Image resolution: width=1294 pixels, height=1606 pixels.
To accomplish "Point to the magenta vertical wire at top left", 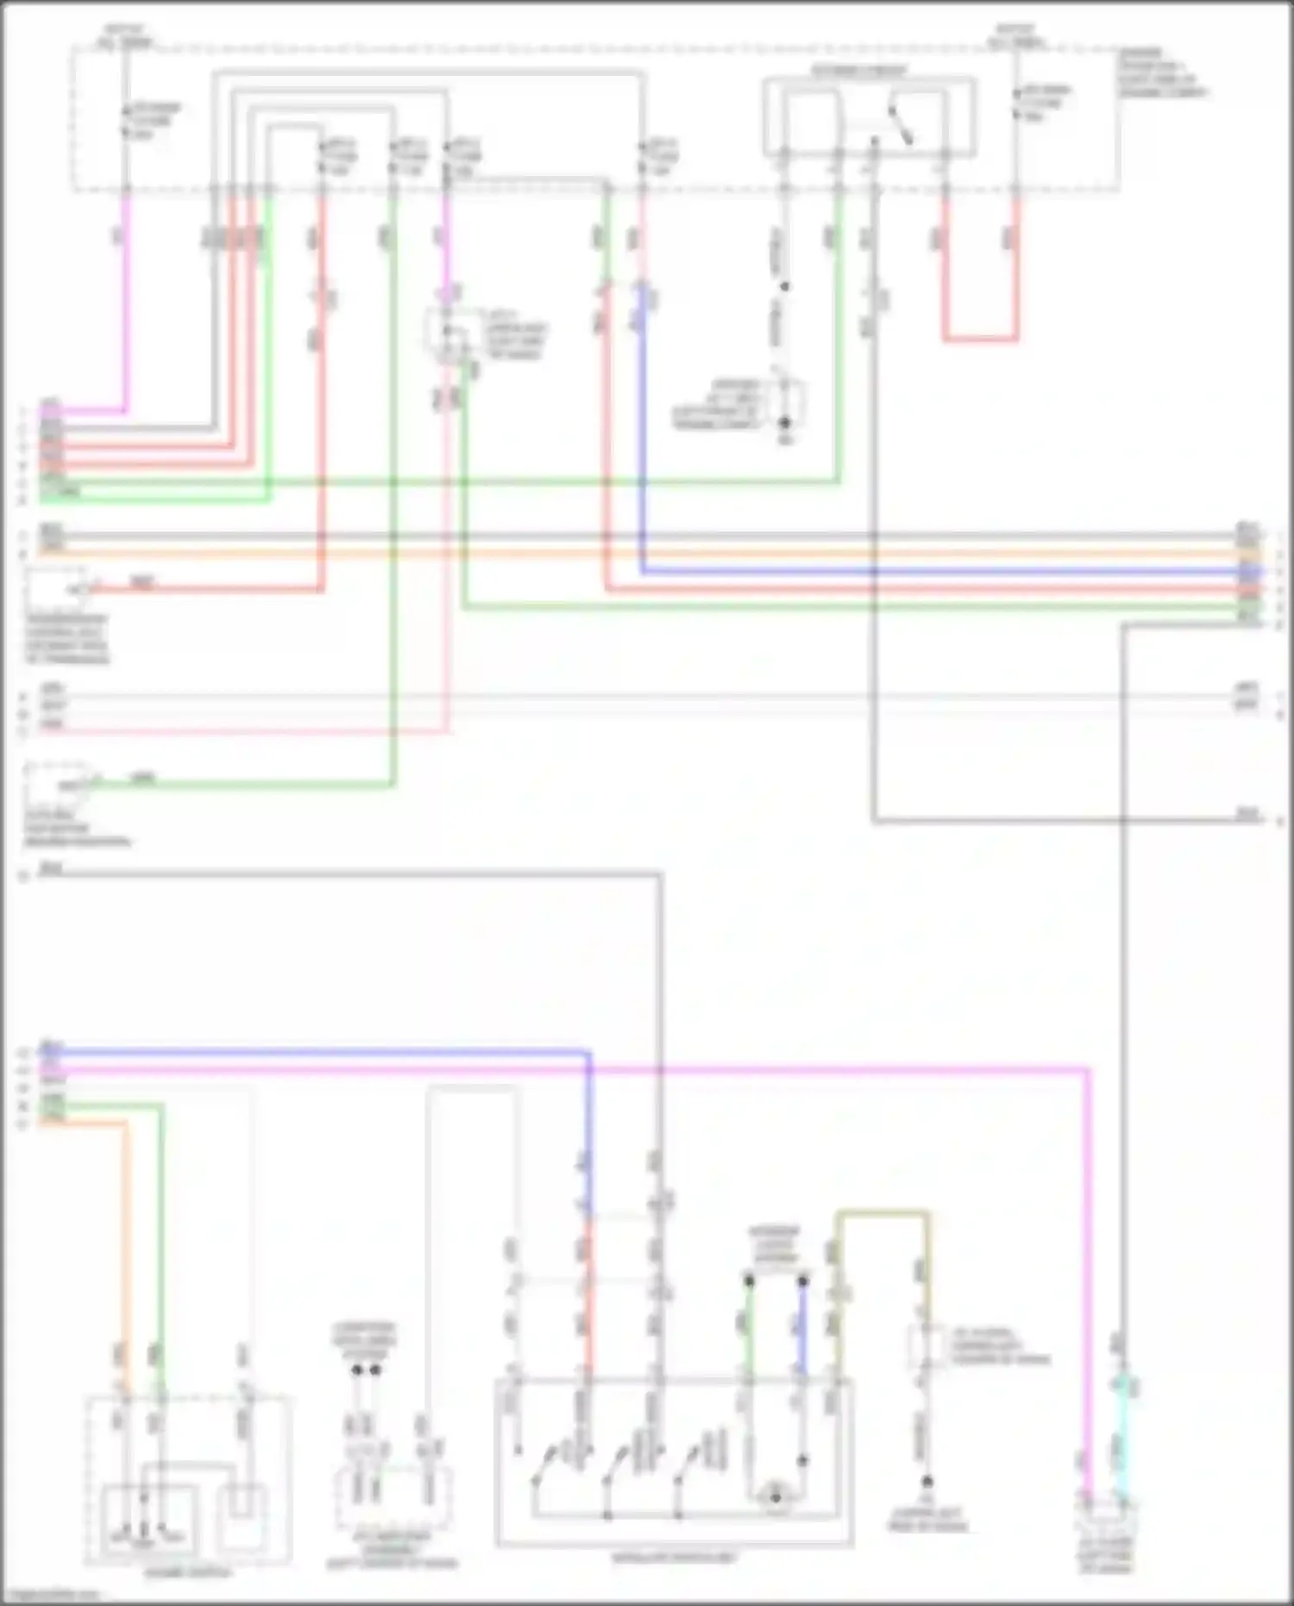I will (x=126, y=302).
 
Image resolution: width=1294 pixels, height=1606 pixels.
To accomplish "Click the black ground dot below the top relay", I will (x=785, y=423).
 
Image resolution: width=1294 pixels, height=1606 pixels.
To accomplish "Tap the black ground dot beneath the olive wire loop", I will (x=927, y=1483).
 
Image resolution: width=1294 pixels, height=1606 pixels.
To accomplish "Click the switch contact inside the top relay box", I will (x=901, y=125).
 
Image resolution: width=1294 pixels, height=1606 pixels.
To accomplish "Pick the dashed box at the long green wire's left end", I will (x=56, y=782).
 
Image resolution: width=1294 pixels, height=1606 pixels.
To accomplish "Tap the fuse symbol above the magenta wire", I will (x=126, y=121).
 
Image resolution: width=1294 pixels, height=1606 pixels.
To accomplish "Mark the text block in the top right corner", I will (x=1160, y=72).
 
